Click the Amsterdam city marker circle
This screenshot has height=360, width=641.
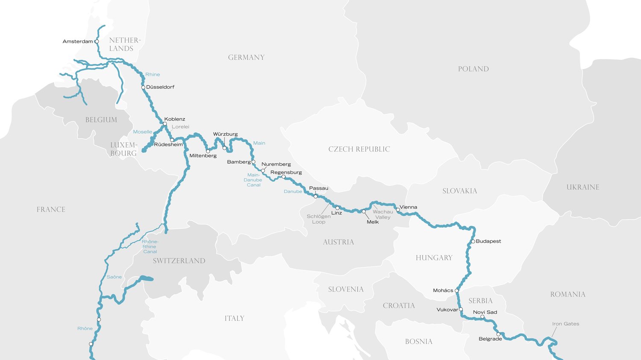[97, 41]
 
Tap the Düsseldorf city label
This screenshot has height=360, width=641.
[160, 87]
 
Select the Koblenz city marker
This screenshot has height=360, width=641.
[165, 124]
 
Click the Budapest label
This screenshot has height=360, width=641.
[488, 241]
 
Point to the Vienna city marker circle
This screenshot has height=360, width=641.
[398, 210]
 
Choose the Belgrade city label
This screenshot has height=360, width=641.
[490, 339]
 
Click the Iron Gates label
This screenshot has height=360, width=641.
[565, 324]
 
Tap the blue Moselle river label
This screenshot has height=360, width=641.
[142, 132]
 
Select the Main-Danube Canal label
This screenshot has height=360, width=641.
[253, 180]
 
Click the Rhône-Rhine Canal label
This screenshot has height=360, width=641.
[150, 247]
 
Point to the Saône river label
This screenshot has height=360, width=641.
[114, 277]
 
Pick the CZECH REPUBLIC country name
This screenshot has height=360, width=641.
[359, 149]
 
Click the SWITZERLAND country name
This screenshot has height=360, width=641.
[179, 261]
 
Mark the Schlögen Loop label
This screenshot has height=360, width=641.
[318, 219]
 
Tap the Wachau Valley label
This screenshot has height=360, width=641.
[382, 214]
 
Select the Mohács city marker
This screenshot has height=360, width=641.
[457, 291]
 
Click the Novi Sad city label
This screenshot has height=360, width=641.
[485, 312]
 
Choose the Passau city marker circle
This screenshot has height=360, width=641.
[315, 196]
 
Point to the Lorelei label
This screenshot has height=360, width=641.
[180, 127]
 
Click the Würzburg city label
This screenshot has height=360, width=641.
[225, 134]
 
